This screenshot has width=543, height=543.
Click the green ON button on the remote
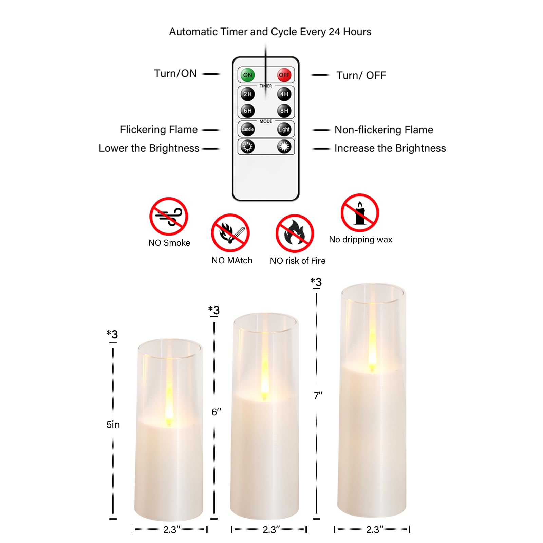(247, 75)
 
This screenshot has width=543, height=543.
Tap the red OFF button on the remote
(284, 75)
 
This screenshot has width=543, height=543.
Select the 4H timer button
(284, 94)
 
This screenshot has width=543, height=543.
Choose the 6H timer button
(247, 111)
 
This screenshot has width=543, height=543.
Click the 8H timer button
(284, 111)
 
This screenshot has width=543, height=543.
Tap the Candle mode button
(247, 129)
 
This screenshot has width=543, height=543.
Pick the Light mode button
(284, 129)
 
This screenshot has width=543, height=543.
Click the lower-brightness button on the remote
(247, 147)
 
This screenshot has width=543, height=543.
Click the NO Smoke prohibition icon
(169, 216)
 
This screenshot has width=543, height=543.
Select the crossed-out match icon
(230, 233)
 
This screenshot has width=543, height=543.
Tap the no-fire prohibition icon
(295, 233)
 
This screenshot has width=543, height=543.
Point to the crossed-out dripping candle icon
(360, 213)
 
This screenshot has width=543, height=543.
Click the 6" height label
(216, 412)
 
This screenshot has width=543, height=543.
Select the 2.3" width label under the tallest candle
(374, 530)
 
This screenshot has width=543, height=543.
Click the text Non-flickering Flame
(383, 130)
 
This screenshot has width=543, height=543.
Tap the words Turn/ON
(175, 73)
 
